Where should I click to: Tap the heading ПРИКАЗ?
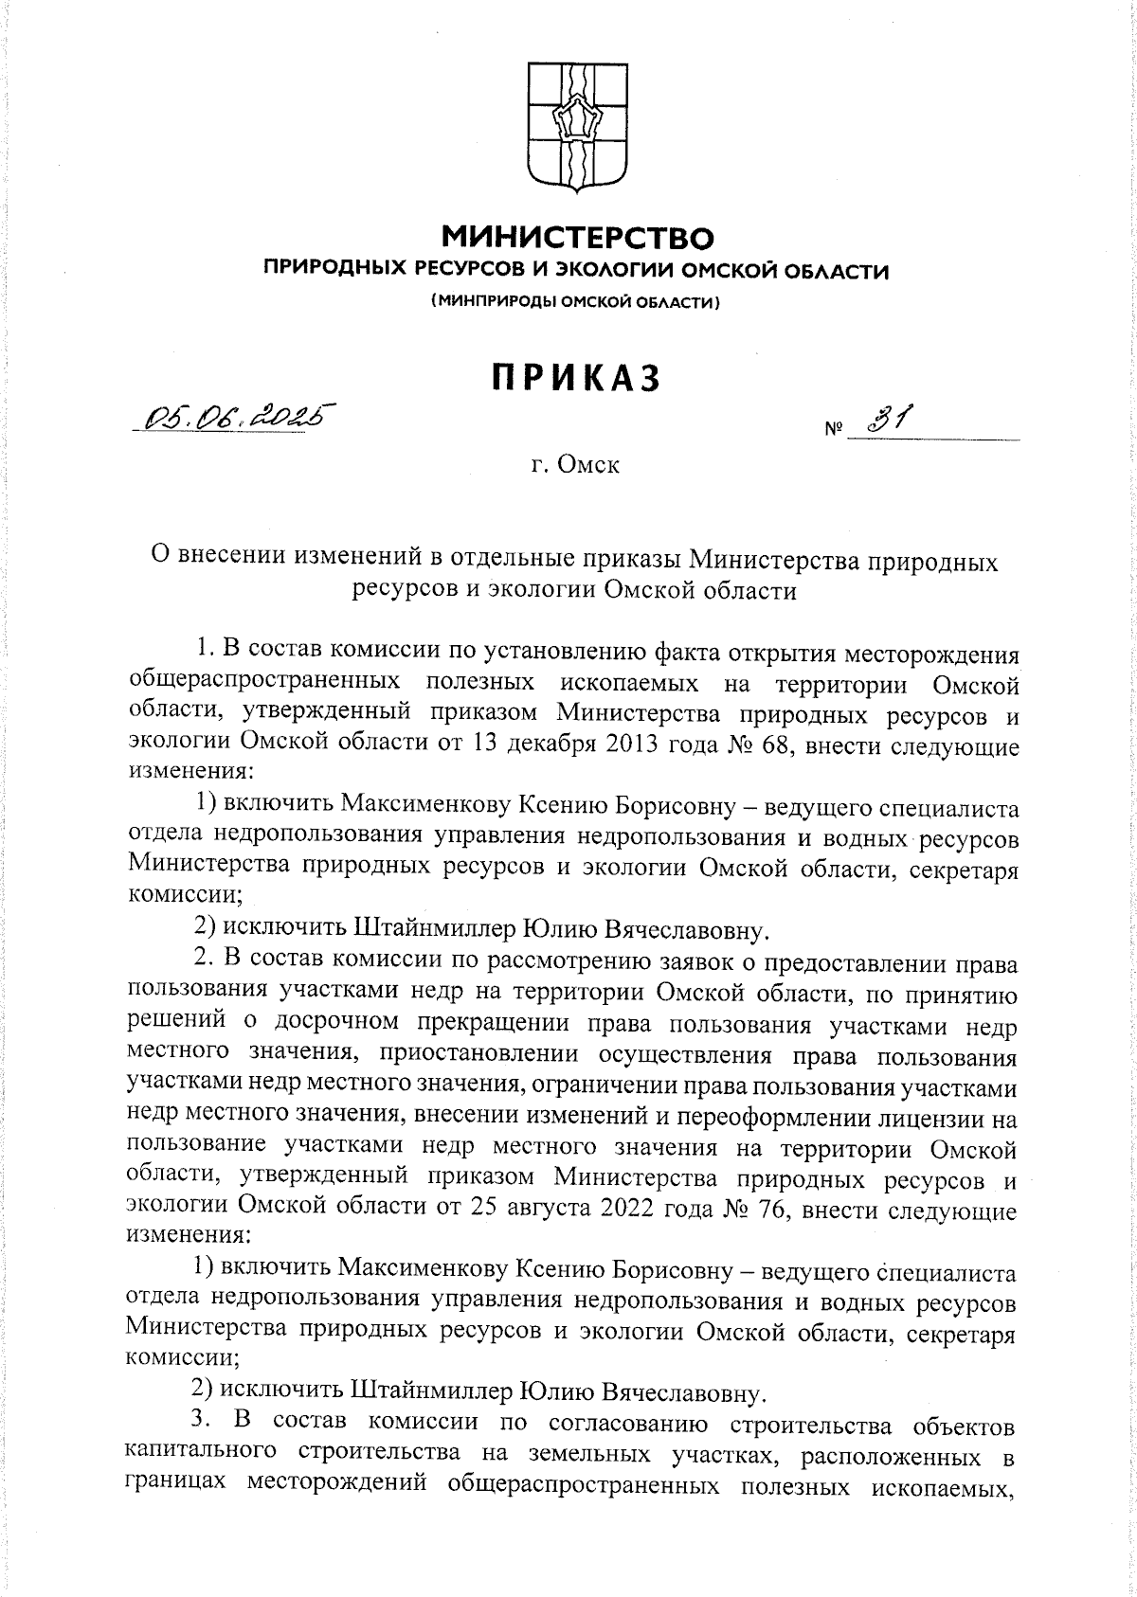tap(575, 377)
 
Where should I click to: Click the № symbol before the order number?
tap(832, 431)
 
